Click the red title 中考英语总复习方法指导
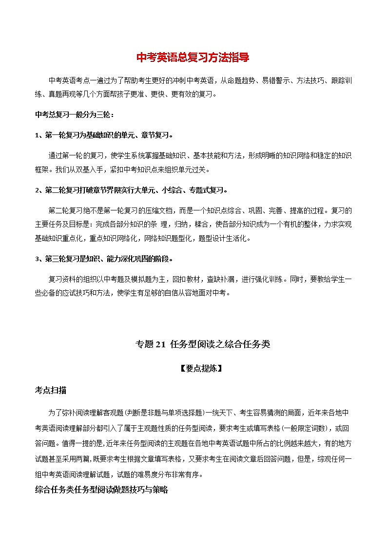coord(193,57)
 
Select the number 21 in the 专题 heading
coord(161,344)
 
